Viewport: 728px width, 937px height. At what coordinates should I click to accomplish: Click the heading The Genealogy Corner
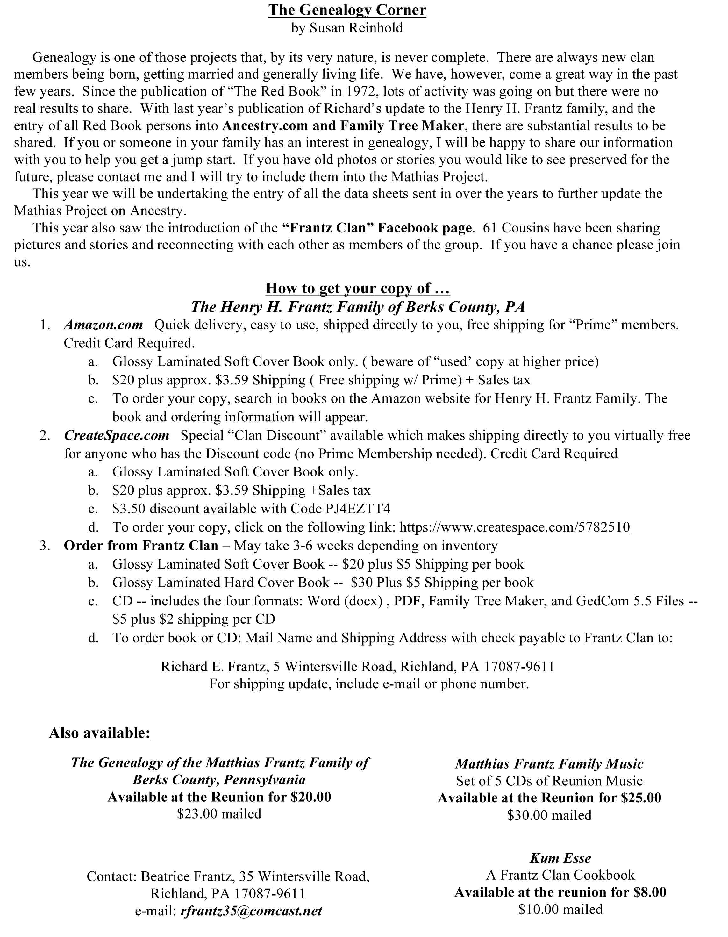pos(347,10)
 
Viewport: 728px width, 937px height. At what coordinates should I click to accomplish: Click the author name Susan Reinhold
pos(356,28)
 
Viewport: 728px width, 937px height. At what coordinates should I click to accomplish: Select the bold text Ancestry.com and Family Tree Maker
pos(343,126)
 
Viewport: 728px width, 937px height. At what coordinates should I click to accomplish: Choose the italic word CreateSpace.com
pos(117,435)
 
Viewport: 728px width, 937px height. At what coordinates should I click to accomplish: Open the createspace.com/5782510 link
pos(514,527)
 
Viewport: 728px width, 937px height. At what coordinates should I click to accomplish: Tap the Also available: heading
pos(100,733)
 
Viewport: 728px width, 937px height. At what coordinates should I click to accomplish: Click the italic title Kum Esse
pos(560,858)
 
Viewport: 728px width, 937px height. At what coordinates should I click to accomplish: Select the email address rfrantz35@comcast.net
pos(251,911)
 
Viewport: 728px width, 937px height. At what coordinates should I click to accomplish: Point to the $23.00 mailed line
pos(219,814)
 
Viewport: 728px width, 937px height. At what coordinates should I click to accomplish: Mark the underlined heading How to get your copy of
pos(357,288)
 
